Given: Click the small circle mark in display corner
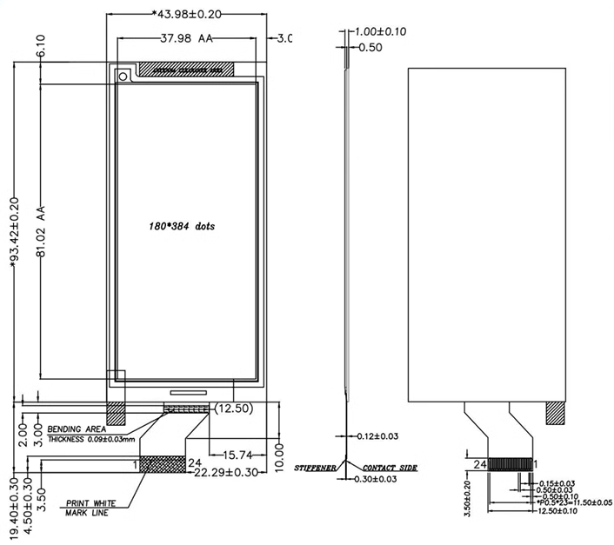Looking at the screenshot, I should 123,76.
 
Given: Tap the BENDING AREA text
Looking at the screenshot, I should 77,429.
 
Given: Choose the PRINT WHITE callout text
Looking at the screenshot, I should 92,503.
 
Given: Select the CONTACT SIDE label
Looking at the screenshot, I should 390,468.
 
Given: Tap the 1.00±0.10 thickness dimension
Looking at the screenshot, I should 382,32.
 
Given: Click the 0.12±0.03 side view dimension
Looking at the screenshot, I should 378,435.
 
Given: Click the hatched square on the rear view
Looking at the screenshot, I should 554,412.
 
